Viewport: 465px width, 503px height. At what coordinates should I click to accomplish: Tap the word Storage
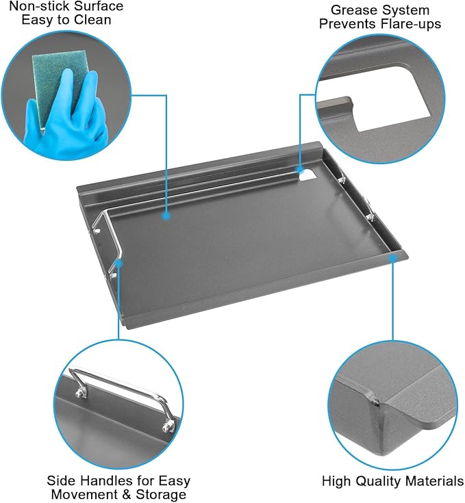162,494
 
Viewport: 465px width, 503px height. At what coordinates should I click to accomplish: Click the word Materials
435,481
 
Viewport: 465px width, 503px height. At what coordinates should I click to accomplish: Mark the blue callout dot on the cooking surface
166,216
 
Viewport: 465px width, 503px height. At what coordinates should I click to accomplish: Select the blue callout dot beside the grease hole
299,169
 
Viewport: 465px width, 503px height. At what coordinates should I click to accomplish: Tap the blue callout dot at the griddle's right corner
392,257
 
